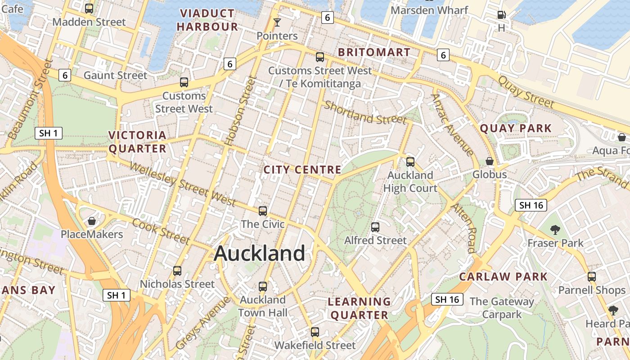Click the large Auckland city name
[260, 253]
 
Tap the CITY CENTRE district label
[302, 170]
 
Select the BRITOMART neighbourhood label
[374, 52]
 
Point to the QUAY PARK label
[515, 128]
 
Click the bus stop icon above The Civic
[263, 211]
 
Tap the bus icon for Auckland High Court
[410, 162]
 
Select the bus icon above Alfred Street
[375, 227]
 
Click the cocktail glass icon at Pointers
[277, 22]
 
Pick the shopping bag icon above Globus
[490, 161]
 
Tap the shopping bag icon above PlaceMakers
[92, 221]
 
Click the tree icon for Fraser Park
[555, 230]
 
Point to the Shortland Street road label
[365, 113]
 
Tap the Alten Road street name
[464, 228]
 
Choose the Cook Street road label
[161, 232]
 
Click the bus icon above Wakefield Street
[315, 332]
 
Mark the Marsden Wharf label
[429, 10]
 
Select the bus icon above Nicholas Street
[177, 270]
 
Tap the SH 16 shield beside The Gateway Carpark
[447, 299]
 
